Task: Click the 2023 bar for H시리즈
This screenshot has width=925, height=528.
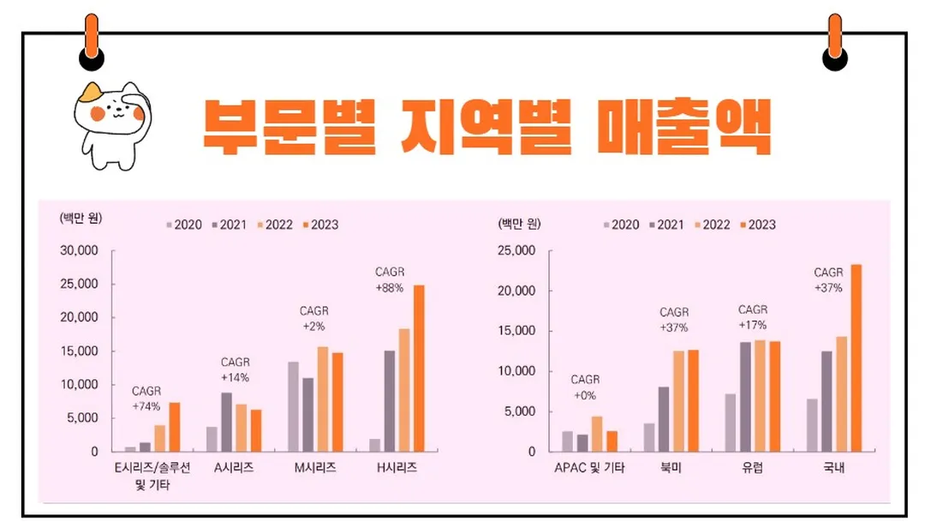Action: click(x=419, y=368)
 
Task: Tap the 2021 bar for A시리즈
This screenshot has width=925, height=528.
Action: click(x=226, y=422)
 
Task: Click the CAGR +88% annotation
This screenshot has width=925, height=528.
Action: click(x=390, y=280)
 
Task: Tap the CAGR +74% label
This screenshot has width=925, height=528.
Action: click(x=146, y=399)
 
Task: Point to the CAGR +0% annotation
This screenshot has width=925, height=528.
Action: click(x=585, y=387)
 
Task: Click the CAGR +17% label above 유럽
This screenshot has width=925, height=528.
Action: click(x=753, y=317)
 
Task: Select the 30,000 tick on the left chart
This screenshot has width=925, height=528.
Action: click(x=81, y=250)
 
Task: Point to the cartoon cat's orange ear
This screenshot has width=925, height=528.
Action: click(x=91, y=91)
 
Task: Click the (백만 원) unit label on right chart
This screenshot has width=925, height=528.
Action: click(x=518, y=225)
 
